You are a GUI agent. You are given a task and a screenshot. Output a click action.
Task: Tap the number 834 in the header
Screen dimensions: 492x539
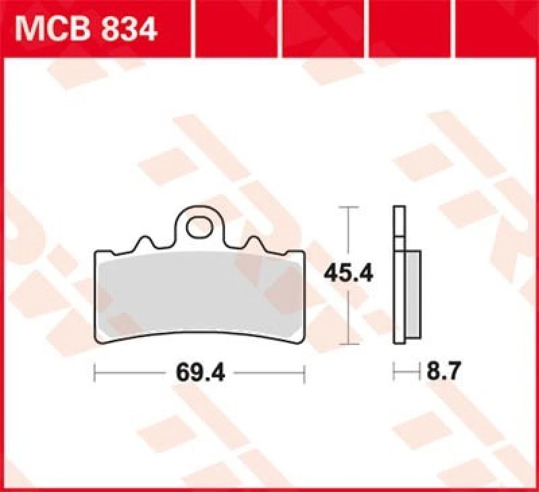click(x=129, y=29)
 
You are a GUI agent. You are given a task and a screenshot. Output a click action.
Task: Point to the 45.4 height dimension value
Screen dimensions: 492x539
click(x=348, y=274)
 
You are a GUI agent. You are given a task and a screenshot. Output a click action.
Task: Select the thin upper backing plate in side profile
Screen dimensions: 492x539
click(x=399, y=222)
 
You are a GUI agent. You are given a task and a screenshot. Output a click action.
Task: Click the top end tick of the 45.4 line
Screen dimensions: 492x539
click(x=348, y=207)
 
